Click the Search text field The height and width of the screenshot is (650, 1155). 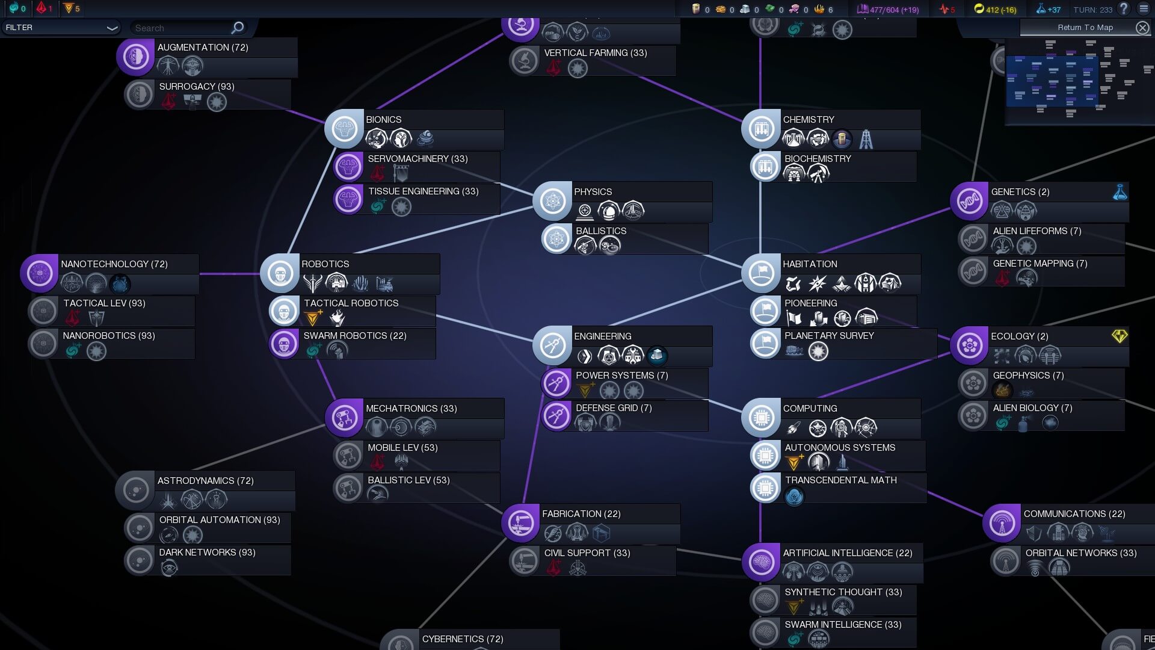(x=180, y=28)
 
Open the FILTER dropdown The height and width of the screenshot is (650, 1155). (x=60, y=28)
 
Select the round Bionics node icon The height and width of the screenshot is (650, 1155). (x=344, y=128)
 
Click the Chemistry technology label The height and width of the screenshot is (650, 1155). (x=808, y=119)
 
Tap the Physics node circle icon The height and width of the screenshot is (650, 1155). (x=552, y=201)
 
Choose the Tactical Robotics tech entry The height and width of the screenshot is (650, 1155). (x=351, y=303)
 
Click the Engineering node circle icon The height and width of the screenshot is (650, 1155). (x=552, y=345)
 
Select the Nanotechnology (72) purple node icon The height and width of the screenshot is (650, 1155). (x=40, y=273)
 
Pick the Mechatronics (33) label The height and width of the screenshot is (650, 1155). (x=411, y=408)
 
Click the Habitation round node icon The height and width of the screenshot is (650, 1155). (x=761, y=273)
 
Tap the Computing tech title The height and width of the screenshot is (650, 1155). (x=810, y=408)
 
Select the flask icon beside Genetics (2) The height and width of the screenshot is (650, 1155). (x=1120, y=192)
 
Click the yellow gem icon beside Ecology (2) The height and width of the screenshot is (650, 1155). (x=1119, y=336)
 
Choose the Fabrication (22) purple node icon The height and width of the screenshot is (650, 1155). (x=520, y=523)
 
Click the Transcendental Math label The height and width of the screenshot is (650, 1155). (x=840, y=480)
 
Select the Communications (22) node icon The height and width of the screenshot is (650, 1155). (x=1002, y=523)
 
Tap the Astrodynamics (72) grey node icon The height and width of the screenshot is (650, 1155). (x=135, y=490)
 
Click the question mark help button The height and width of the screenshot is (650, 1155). (x=1123, y=9)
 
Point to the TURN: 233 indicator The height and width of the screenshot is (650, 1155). (x=1092, y=10)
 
